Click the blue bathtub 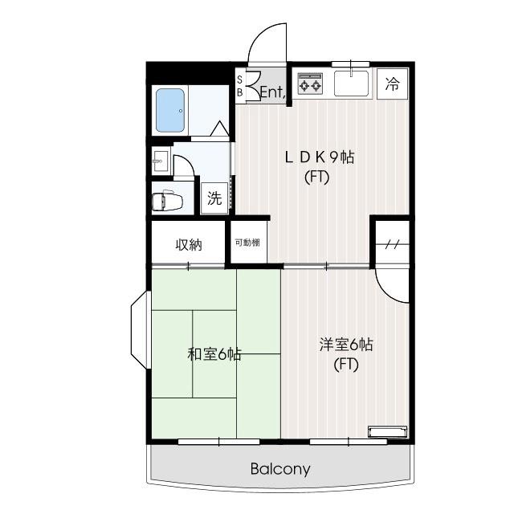(170, 110)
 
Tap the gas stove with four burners (310, 83)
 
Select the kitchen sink (350, 82)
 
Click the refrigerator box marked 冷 (392, 82)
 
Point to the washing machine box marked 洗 (214, 198)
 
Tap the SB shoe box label (239, 86)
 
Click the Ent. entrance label (272, 92)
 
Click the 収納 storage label (189, 244)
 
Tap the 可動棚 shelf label (247, 243)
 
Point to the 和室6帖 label (214, 353)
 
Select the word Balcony (279, 469)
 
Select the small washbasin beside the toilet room (160, 161)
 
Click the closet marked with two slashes (392, 244)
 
